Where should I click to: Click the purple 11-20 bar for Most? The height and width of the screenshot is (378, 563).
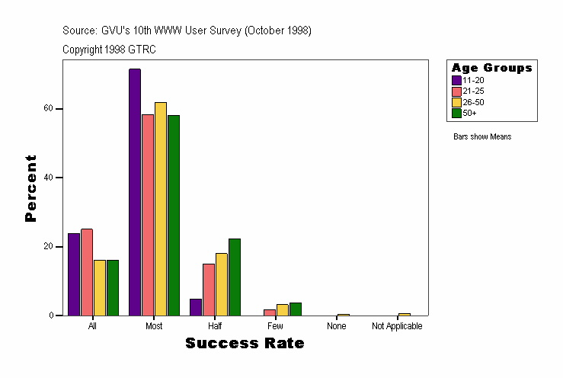[x=134, y=192]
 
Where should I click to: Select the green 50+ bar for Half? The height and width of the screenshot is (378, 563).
[x=234, y=277]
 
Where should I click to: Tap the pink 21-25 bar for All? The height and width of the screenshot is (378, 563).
[x=86, y=272]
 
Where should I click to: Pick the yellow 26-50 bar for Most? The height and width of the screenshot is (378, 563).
[x=160, y=209]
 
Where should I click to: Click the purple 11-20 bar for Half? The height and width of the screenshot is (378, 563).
[x=196, y=307]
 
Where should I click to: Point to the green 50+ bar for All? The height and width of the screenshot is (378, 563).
[x=113, y=287]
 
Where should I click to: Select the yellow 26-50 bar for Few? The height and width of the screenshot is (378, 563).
[x=282, y=309]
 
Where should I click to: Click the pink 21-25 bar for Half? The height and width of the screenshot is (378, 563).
[x=209, y=290]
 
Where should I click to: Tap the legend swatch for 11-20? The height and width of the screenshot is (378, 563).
[x=456, y=80]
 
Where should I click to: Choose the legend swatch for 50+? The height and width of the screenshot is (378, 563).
[x=456, y=113]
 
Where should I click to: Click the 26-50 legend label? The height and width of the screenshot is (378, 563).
[x=473, y=102]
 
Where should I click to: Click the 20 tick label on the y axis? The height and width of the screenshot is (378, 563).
[x=48, y=247]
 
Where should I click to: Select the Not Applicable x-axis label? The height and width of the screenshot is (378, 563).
[x=397, y=326]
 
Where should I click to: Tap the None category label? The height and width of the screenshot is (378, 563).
[x=337, y=326]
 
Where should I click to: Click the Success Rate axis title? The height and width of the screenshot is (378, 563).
[x=245, y=344]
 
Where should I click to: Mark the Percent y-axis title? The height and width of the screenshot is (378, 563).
[x=30, y=188]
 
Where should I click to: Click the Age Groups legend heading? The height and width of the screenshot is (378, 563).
[x=491, y=68]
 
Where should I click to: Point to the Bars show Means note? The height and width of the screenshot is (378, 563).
[x=482, y=137]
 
